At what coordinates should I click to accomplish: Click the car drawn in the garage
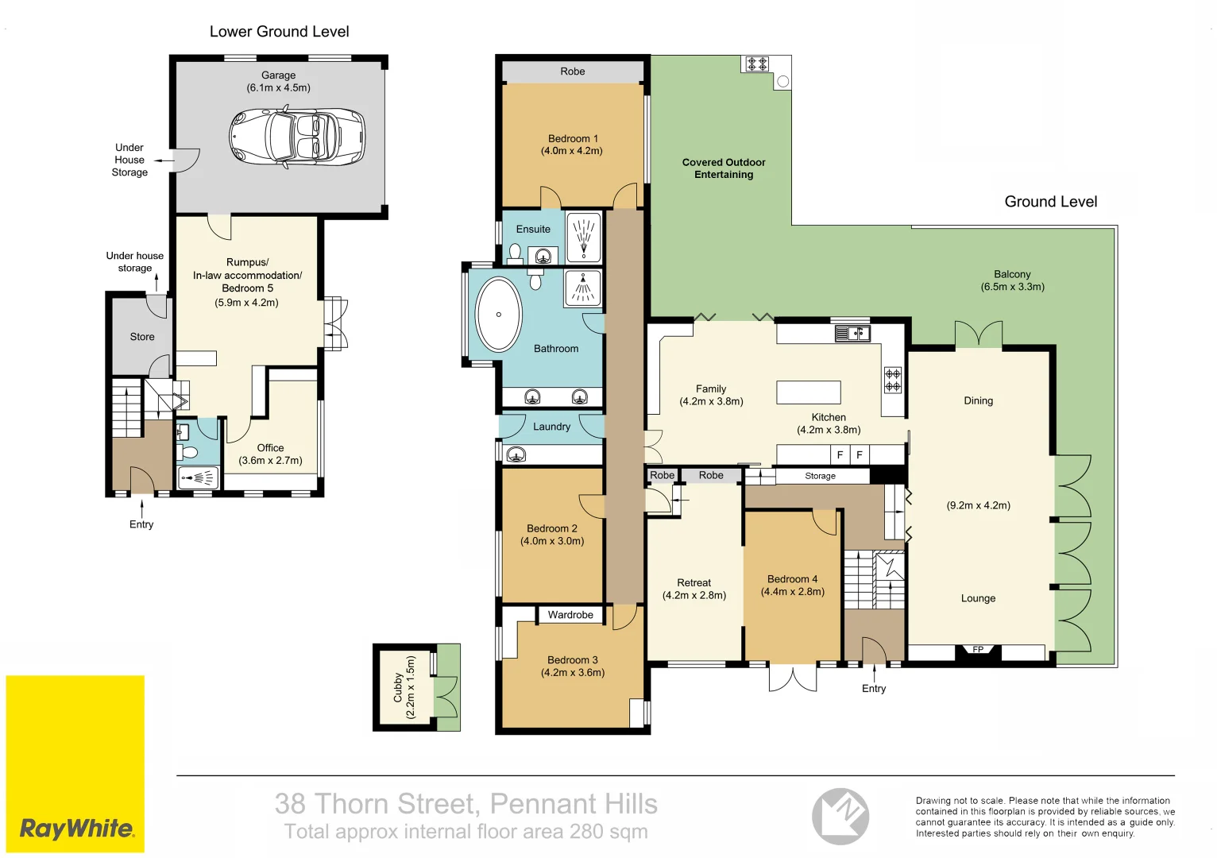tap(298, 137)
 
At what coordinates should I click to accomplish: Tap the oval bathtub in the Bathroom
tap(498, 315)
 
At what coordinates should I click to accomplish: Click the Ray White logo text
tap(77, 829)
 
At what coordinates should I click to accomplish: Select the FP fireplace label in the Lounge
tap(978, 650)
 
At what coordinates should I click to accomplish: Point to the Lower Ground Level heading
tap(279, 32)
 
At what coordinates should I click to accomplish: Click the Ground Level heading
tap(1050, 202)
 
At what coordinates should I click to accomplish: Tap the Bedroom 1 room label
tap(573, 138)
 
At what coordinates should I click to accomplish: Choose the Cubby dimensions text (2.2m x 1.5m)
tap(410, 686)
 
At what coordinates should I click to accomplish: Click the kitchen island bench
tap(808, 392)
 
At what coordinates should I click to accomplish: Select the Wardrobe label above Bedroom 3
tap(570, 615)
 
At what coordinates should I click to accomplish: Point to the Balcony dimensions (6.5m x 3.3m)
tap(1012, 287)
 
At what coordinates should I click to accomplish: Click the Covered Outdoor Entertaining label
tap(724, 168)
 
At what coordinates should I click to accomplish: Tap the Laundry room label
tap(551, 427)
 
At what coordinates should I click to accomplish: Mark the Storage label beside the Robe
tap(820, 476)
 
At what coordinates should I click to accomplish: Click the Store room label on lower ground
tap(142, 337)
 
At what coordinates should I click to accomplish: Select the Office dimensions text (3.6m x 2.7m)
tap(270, 461)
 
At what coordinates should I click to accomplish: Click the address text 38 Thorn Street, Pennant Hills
tap(466, 804)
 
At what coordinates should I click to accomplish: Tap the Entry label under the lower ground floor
tap(141, 524)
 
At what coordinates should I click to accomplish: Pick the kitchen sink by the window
tap(852, 333)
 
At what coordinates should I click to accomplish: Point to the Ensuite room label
tap(533, 230)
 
